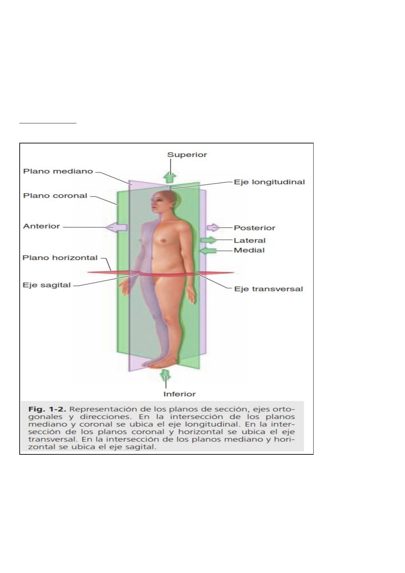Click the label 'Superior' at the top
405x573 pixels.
pos(187,155)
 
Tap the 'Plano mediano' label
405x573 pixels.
pos(58,171)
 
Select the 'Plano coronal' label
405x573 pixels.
pos(55,196)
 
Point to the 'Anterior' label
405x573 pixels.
pos(41,226)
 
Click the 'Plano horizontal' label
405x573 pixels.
pos(60,258)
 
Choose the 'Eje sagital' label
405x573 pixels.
pos(47,285)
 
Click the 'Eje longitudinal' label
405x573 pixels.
pos(269,182)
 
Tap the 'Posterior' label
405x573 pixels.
pos(254,228)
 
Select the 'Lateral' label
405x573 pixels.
pos(249,240)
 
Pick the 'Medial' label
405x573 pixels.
pos(249,250)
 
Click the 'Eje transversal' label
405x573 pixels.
pos(268,289)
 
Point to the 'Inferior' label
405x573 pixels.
pos(179,394)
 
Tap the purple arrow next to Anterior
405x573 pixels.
pos(117,227)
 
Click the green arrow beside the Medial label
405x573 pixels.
pos(208,251)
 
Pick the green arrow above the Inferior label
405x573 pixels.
pos(165,375)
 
